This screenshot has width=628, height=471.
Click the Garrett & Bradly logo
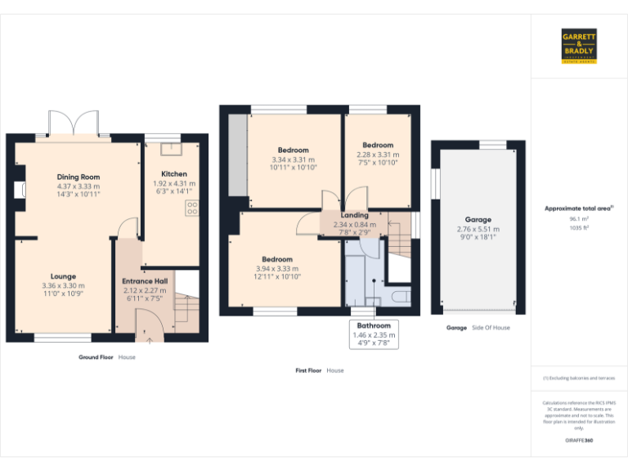tap(579, 46)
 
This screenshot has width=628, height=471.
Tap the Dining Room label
tap(78, 177)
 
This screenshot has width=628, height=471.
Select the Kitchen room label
tap(174, 173)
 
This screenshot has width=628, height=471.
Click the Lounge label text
tap(63, 276)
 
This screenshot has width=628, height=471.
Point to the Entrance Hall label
tap(144, 281)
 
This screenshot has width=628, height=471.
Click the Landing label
tap(355, 215)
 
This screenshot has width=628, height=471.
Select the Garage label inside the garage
tap(478, 220)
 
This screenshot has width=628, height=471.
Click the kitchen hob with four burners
tap(193, 208)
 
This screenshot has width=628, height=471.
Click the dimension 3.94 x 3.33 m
tap(277, 268)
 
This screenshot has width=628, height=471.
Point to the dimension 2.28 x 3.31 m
tap(378, 155)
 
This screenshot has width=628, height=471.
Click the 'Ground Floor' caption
tap(96, 357)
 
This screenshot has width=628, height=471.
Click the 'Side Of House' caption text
tap(491, 327)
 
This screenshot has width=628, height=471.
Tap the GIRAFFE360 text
tap(579, 441)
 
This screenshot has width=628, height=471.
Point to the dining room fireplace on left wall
tap(18, 191)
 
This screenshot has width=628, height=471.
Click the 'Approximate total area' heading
tap(578, 209)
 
